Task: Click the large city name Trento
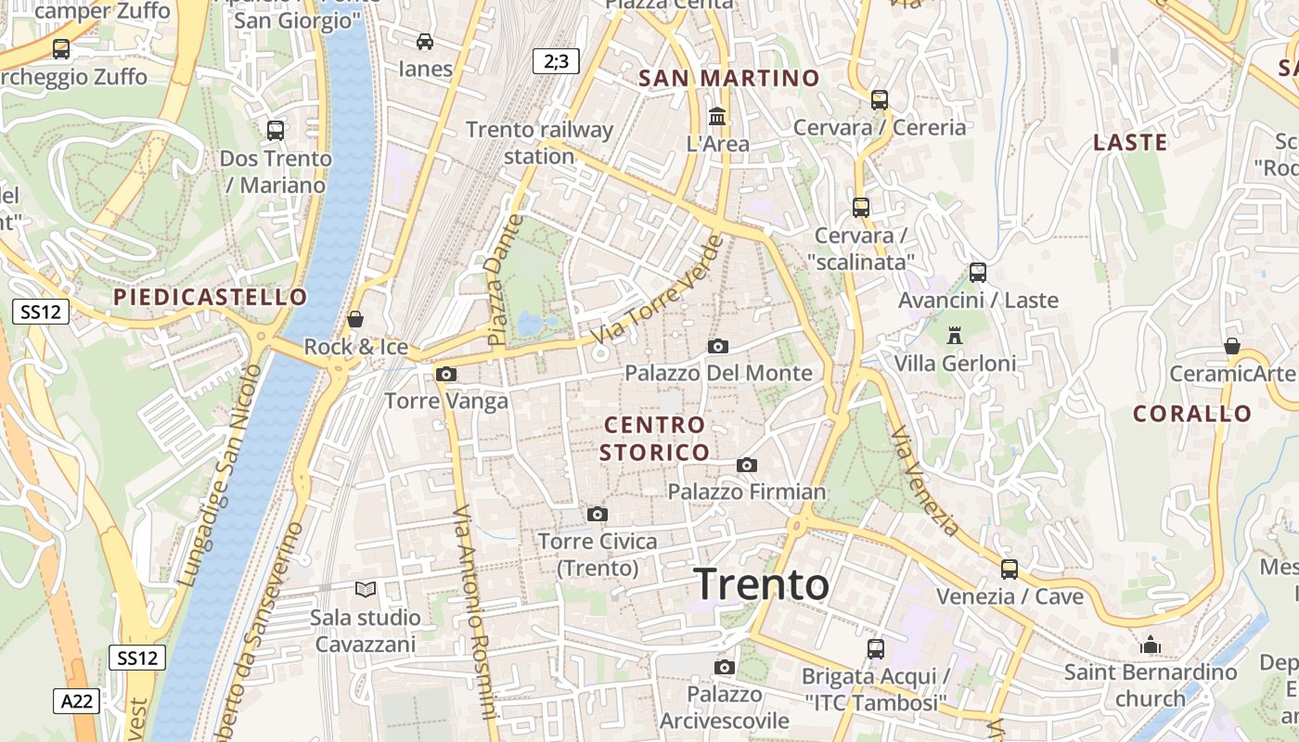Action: [762, 584]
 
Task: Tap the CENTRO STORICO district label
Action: [655, 439]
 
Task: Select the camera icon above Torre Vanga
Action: [446, 374]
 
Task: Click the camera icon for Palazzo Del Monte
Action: [717, 346]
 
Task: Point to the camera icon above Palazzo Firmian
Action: [747, 465]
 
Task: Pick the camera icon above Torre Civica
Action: [598, 514]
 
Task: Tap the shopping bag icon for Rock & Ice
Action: [355, 320]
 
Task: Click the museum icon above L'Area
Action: [717, 117]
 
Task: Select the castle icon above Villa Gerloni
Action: [955, 336]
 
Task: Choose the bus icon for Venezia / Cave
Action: [1010, 569]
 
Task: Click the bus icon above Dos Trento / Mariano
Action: [276, 131]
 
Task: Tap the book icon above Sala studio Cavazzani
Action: [366, 589]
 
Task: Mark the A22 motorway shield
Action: [75, 701]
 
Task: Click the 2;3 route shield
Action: [556, 62]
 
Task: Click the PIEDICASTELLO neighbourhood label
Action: [210, 297]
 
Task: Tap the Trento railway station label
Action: [539, 143]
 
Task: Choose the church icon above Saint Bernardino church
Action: [1151, 645]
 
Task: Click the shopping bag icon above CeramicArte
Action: [1232, 346]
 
